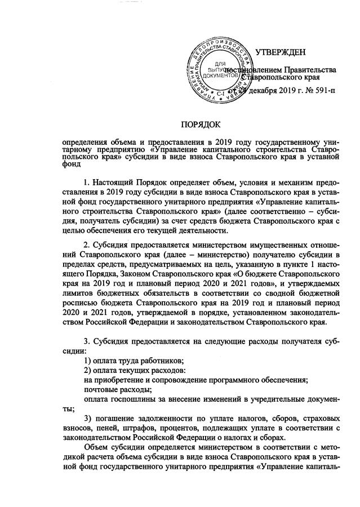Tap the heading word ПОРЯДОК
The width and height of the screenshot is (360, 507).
click(200, 123)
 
